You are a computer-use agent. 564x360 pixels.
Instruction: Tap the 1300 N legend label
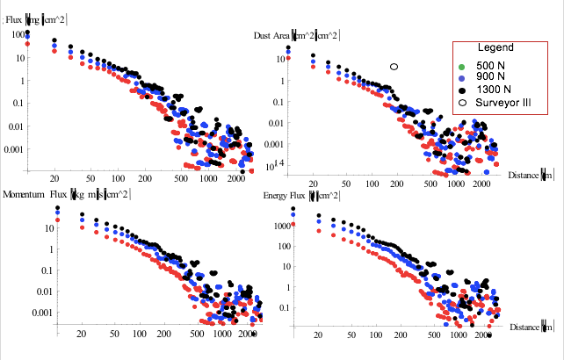pos(492,90)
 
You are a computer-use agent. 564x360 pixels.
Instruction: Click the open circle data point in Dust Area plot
pos(394,67)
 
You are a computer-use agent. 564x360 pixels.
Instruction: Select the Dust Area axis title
pos(297,35)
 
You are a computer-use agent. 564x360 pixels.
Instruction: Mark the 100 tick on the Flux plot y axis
pos(18,34)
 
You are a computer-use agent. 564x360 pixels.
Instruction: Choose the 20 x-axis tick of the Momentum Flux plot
pos(82,335)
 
